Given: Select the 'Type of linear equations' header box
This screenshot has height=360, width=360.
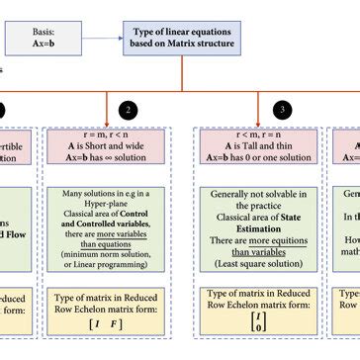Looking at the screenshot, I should pos(180,39).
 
